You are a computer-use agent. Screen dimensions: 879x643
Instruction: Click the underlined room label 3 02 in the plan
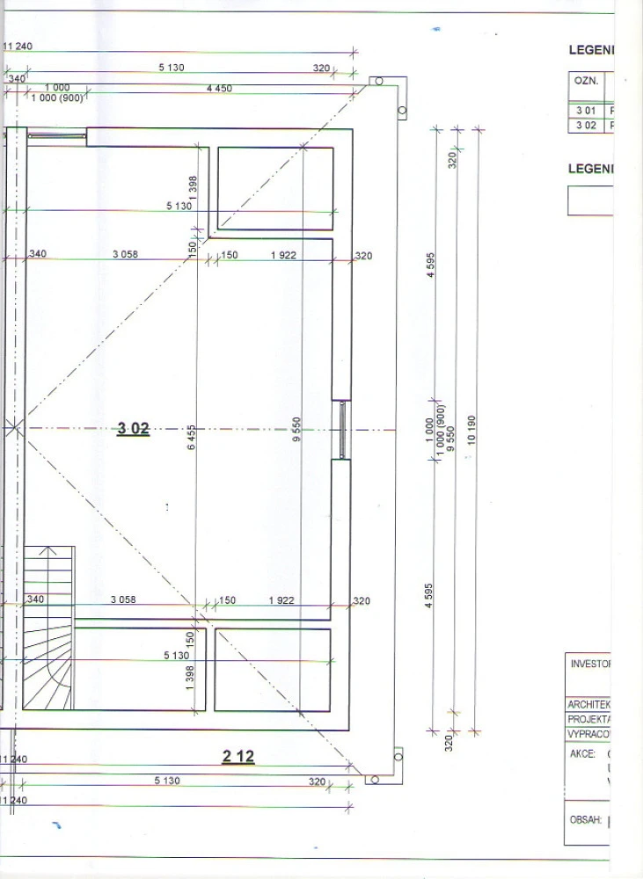(x=134, y=429)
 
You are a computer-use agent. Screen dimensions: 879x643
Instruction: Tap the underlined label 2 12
(x=237, y=756)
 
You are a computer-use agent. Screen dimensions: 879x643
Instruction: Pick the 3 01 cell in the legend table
(x=586, y=110)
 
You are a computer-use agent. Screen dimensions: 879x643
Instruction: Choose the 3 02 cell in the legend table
(x=586, y=125)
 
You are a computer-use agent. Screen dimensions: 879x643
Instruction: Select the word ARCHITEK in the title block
(x=589, y=704)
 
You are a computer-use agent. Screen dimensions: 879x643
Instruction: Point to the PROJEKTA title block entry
(x=589, y=718)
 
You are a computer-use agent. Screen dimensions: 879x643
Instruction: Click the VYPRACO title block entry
(x=589, y=732)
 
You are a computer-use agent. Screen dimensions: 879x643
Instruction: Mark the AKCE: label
(x=582, y=753)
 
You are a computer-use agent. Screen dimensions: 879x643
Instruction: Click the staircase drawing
(x=47, y=628)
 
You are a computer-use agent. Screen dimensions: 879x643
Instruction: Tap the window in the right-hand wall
(x=341, y=430)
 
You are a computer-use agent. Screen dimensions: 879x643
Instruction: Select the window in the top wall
(x=57, y=135)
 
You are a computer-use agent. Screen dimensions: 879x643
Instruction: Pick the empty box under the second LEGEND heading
(x=590, y=201)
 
